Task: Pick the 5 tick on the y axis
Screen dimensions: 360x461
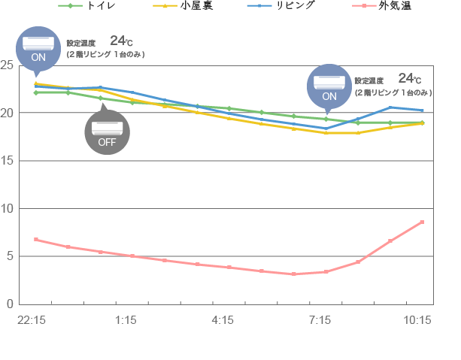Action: coord(10,256)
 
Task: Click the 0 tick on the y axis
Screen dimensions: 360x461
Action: coord(10,304)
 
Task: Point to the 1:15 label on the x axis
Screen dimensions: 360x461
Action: coord(126,321)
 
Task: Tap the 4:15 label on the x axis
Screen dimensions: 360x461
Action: coord(223,321)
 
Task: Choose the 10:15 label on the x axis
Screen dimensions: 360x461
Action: coord(417,321)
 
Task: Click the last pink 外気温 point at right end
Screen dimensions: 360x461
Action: coord(422,222)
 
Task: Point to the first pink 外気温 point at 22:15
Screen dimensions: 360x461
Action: coord(36,239)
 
